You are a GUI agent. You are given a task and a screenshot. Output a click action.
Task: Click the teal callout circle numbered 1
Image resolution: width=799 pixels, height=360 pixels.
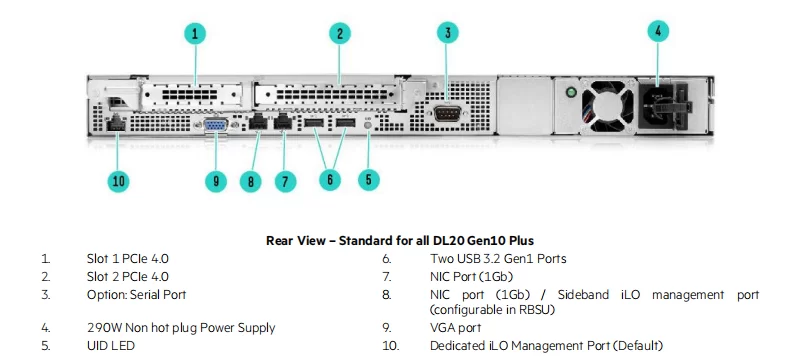(195, 34)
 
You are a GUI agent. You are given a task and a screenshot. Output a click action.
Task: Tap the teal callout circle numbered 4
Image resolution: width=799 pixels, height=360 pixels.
(658, 31)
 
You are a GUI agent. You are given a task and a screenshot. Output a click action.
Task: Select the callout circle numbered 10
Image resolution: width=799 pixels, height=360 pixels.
(118, 182)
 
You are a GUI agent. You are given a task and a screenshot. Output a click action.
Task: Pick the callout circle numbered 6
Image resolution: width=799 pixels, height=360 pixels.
(330, 179)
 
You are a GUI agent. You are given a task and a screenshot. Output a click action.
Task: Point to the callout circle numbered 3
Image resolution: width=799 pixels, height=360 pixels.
(447, 33)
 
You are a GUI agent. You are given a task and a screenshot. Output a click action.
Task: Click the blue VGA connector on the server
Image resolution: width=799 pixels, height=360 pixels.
(216, 125)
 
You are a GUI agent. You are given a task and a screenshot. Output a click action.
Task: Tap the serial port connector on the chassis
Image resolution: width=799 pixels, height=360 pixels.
(447, 113)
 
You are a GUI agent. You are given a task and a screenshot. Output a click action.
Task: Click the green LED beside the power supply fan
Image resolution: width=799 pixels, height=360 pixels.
(571, 92)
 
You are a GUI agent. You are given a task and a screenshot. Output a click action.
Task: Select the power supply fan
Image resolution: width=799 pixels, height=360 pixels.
(608, 106)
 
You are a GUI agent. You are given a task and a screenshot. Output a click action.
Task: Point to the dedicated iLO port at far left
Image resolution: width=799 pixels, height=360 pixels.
(117, 124)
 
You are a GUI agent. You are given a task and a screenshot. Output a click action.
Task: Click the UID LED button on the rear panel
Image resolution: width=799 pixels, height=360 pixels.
(369, 124)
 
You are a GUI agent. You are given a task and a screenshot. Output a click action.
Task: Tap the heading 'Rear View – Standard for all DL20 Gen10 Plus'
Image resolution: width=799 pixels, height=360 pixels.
(400, 240)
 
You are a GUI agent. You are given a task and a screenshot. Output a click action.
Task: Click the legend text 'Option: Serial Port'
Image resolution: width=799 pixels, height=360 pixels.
(137, 295)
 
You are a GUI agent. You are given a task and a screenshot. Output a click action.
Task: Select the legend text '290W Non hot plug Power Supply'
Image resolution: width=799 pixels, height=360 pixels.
(181, 328)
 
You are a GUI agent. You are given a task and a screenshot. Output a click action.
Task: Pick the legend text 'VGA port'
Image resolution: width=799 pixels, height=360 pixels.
(456, 328)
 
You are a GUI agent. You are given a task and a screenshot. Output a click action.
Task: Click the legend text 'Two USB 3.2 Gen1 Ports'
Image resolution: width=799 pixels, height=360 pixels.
(498, 259)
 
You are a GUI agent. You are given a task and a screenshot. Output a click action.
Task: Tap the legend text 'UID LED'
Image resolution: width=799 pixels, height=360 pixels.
(111, 346)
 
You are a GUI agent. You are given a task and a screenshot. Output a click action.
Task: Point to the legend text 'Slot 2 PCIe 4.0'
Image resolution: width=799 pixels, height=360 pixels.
(127, 277)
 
